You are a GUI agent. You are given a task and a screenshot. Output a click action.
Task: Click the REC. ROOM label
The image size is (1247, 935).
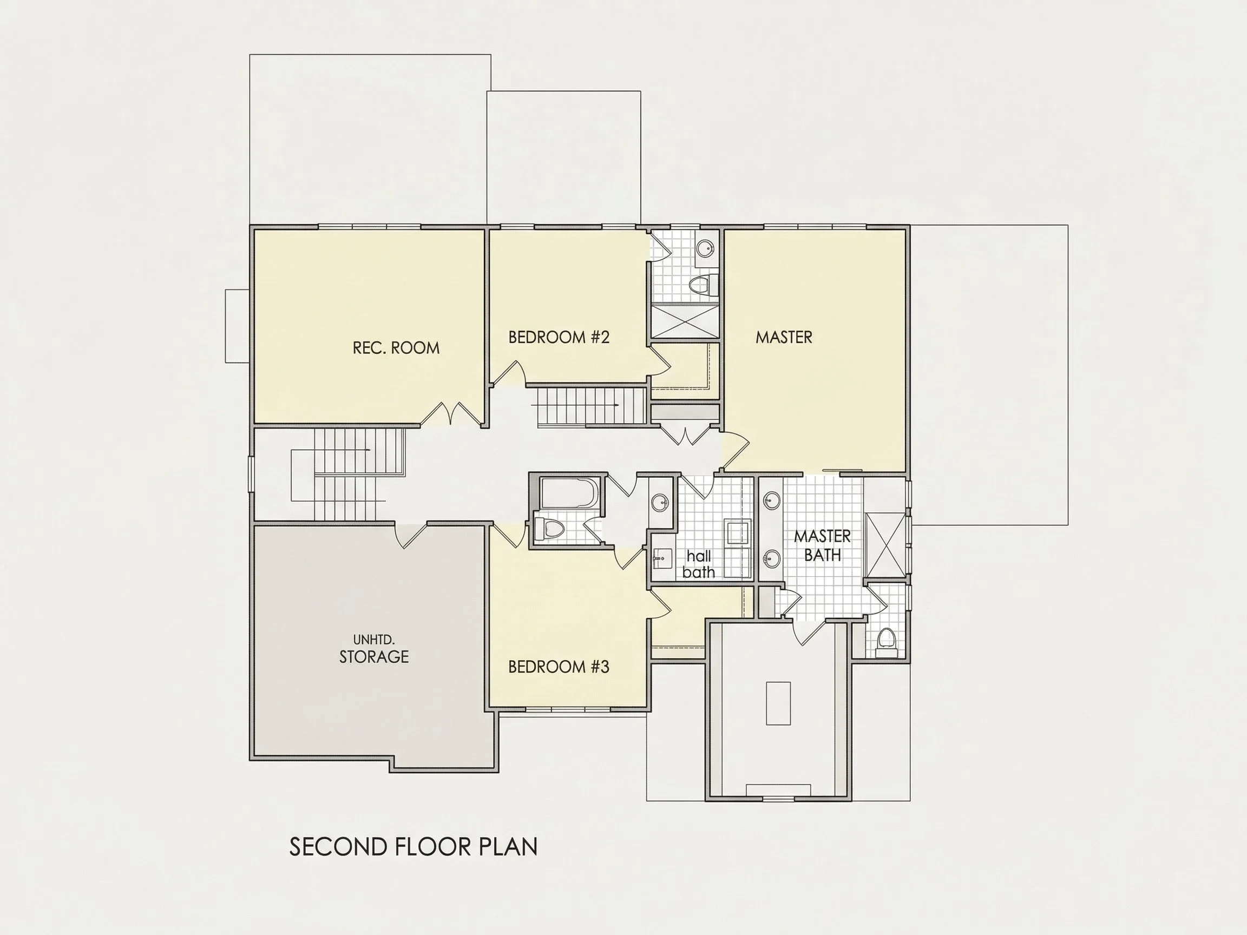pyautogui.click(x=396, y=348)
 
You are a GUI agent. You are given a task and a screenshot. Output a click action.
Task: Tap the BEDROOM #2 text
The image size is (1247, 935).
pyautogui.click(x=559, y=337)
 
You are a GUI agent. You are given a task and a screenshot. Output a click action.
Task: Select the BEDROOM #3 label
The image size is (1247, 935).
pyautogui.click(x=559, y=667)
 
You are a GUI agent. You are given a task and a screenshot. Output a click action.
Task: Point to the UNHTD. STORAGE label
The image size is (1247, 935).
pyautogui.click(x=374, y=649)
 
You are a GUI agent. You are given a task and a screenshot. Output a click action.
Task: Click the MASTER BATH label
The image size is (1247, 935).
pyautogui.click(x=823, y=545)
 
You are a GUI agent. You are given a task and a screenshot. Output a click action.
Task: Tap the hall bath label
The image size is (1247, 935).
pyautogui.click(x=699, y=564)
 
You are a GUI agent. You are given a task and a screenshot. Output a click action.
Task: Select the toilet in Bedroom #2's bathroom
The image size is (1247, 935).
pyautogui.click(x=705, y=284)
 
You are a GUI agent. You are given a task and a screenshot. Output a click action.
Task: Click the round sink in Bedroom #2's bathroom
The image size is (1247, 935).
pyautogui.click(x=705, y=247)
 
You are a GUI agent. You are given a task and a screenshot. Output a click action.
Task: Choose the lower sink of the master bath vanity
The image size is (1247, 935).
pyautogui.click(x=771, y=559)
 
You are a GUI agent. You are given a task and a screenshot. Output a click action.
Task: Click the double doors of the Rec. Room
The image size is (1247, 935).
pyautogui.click(x=451, y=413)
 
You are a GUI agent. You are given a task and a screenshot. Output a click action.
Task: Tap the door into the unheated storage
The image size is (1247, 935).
pyautogui.click(x=411, y=536)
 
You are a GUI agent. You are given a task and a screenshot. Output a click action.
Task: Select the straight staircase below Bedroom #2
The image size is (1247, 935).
pyautogui.click(x=590, y=406)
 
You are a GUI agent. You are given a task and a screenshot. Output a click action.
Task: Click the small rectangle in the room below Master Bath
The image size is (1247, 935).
pyautogui.click(x=778, y=703)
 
